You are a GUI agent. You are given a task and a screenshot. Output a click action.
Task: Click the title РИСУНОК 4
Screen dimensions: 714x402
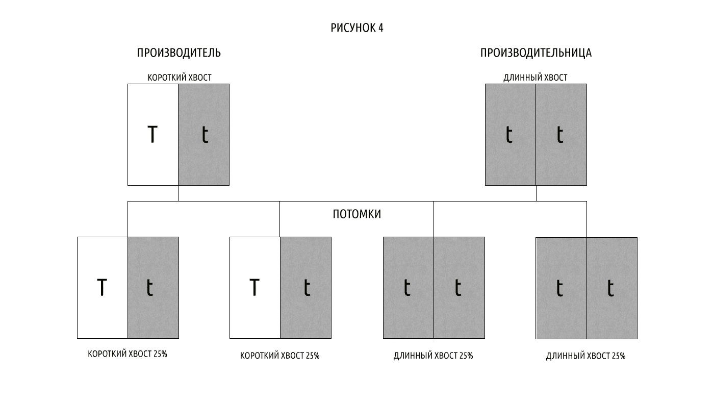click(x=356, y=28)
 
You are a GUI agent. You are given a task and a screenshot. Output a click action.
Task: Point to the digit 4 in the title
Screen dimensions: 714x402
click(x=380, y=28)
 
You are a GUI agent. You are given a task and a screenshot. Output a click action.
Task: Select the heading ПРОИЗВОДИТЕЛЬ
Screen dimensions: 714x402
click(x=179, y=53)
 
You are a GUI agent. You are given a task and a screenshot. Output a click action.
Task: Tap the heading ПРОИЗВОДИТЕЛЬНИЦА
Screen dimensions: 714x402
click(x=536, y=53)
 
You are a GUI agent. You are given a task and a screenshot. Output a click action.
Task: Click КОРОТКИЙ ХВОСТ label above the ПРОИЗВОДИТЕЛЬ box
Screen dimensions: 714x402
click(x=180, y=78)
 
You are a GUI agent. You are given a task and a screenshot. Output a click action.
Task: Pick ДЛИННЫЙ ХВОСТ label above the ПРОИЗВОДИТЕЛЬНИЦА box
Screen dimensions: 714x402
click(x=535, y=78)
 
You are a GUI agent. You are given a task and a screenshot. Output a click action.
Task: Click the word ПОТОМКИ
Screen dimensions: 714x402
click(x=356, y=214)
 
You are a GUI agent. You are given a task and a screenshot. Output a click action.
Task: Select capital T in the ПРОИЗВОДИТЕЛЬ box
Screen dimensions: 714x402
click(x=152, y=134)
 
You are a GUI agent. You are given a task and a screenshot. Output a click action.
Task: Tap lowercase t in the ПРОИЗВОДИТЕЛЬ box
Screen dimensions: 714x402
click(x=205, y=134)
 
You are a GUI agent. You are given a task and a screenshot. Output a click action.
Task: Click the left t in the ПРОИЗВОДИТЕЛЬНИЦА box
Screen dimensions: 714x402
click(x=509, y=134)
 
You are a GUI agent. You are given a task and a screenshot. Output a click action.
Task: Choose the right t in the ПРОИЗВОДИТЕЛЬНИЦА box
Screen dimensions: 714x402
click(x=560, y=134)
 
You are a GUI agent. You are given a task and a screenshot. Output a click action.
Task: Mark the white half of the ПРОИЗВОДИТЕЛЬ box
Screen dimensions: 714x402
click(x=153, y=135)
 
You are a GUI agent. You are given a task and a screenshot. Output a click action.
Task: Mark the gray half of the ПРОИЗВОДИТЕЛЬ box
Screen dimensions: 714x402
click(x=203, y=135)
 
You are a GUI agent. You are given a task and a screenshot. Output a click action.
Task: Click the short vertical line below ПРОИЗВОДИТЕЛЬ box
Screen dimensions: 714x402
click(x=178, y=193)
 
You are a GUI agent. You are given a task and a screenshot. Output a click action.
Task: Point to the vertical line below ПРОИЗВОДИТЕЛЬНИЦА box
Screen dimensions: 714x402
click(x=536, y=193)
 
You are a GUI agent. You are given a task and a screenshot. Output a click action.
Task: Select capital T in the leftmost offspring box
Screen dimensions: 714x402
click(x=101, y=287)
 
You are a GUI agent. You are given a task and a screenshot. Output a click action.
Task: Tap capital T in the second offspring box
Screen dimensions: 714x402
click(x=254, y=287)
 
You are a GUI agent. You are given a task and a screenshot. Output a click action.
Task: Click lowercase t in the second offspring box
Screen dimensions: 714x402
click(x=307, y=287)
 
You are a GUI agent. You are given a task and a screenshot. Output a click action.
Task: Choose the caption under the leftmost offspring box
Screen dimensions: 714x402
click(x=127, y=354)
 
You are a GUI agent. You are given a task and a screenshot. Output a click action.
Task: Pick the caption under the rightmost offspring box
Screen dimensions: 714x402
click(x=586, y=356)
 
